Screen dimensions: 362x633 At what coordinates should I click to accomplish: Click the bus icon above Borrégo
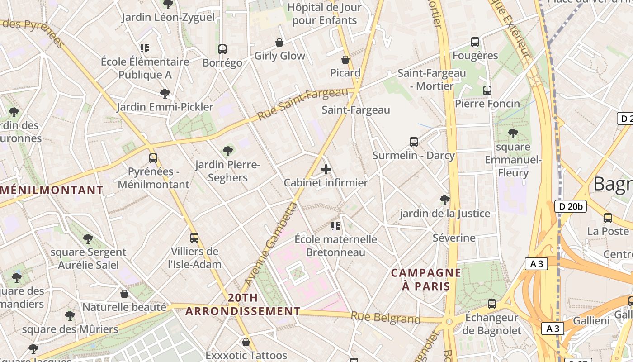tap(222, 49)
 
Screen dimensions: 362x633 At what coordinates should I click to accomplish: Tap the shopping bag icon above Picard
tap(345, 60)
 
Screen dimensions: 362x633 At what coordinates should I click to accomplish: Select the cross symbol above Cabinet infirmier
tap(326, 170)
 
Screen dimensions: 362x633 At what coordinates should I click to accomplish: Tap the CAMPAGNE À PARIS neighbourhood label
tap(426, 279)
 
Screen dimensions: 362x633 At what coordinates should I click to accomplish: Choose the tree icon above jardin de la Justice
tap(444, 200)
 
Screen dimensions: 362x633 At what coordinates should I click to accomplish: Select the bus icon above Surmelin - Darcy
tap(413, 142)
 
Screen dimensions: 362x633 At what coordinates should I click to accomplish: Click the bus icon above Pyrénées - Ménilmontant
tap(153, 158)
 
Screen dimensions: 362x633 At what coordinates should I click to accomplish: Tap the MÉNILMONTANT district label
tap(51, 190)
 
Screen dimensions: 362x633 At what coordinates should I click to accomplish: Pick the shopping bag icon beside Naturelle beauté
tap(124, 294)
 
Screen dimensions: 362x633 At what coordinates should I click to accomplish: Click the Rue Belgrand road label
tap(386, 318)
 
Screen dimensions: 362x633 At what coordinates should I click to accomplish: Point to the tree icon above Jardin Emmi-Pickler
tap(165, 94)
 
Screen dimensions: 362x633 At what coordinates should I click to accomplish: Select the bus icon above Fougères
tap(475, 42)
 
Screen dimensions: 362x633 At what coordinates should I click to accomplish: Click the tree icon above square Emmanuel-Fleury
tap(513, 133)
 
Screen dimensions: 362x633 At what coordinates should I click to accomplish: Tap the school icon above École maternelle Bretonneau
tap(335, 226)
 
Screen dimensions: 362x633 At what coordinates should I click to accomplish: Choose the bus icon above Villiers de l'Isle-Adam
tap(194, 238)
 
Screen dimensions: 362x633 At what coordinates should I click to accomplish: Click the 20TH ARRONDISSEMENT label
tap(243, 305)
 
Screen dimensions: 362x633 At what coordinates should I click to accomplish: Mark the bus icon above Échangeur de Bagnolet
tap(491, 304)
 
